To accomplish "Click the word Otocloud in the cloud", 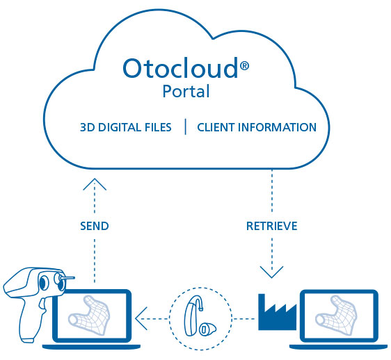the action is (180, 68).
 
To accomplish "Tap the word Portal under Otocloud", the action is (186, 91).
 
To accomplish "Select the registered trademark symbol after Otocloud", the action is (244, 66).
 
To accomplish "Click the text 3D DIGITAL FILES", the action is (126, 127).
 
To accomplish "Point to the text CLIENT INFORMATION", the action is (257, 127).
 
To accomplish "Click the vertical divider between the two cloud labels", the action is (186, 126).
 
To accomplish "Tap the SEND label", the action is (95, 226).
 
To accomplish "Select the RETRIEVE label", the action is (272, 226).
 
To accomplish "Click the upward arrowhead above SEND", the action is (95, 184).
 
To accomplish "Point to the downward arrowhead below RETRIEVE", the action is (271, 272).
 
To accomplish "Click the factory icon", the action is (278, 312).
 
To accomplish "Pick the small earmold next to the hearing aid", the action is (207, 329).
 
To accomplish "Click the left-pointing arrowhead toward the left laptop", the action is (141, 318).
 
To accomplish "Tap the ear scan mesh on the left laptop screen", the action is (89, 314).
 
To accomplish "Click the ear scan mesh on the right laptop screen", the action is (336, 314).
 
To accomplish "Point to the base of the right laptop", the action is (339, 347).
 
